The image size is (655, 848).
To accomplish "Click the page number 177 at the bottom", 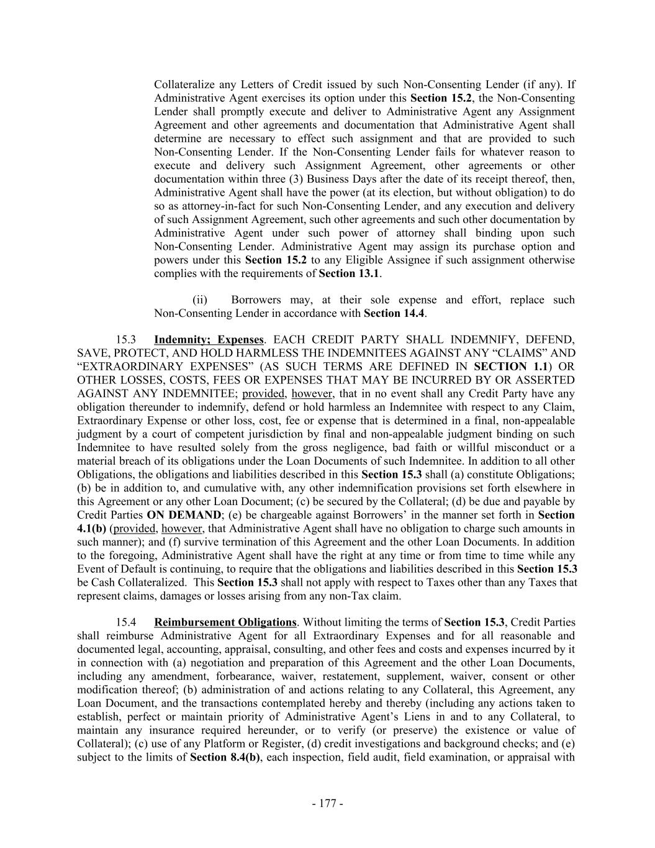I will pyautogui.click(x=328, y=803).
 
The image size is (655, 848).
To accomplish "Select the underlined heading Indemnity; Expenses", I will pyautogui.click(x=209, y=340).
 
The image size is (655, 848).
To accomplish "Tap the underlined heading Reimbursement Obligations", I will pyautogui.click(x=225, y=622).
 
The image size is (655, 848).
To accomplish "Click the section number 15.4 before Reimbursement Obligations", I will pyautogui.click(x=126, y=622).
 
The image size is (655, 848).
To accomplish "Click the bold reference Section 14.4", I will pyautogui.click(x=394, y=314).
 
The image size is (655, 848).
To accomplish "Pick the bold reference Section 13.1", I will pyautogui.click(x=350, y=273).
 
